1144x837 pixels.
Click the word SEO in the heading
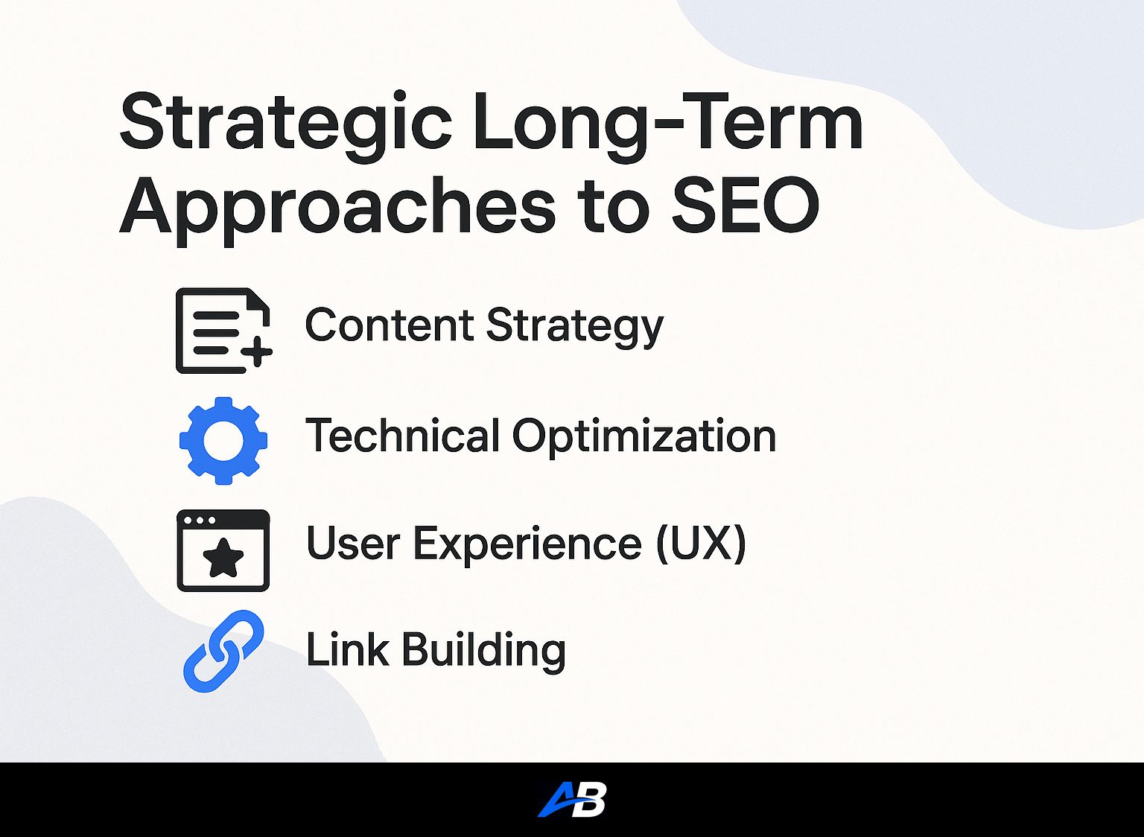point(745,205)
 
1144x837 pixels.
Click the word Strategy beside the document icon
point(574,328)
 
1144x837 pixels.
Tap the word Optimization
point(644,437)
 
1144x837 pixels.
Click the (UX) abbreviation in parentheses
point(701,544)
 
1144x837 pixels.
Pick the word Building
point(484,651)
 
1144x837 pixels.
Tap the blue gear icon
point(223,440)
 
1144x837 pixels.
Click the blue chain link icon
point(223,651)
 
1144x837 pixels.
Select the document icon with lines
point(223,331)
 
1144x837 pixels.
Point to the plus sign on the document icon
point(258,352)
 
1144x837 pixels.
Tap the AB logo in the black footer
point(572,799)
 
